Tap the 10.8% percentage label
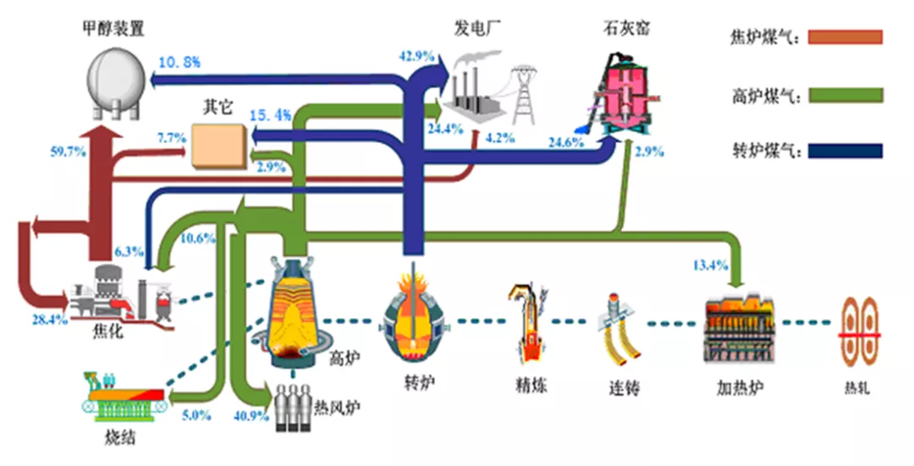point(179,61)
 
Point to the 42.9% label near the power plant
point(416,56)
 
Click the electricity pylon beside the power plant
point(524,93)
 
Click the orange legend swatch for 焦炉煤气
point(845,37)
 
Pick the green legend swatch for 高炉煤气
point(845,94)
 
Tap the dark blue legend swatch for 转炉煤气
point(845,152)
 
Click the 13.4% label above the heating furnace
point(709,266)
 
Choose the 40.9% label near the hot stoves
point(251,416)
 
